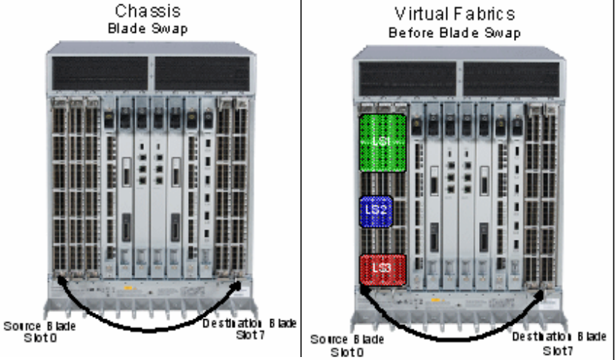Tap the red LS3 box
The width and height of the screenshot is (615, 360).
point(383,269)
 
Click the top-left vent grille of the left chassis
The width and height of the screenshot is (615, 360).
point(100,73)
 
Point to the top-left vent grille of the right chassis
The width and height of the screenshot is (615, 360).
point(407,79)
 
